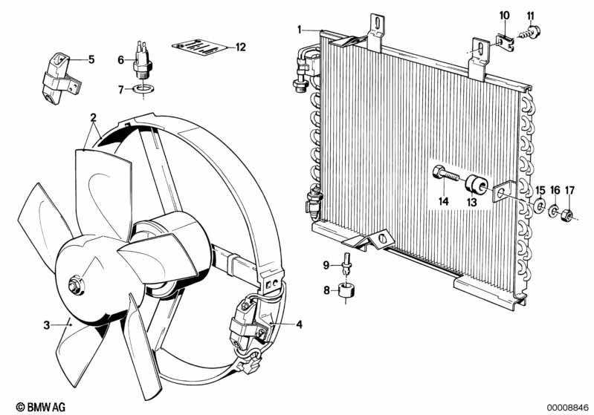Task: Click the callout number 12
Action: [241, 48]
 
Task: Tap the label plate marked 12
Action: [200, 47]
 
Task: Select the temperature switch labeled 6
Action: [143, 61]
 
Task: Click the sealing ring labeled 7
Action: [143, 90]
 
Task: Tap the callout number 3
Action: [47, 325]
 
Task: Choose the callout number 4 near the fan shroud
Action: [299, 324]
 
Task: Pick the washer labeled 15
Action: [540, 206]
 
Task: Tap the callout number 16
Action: [555, 190]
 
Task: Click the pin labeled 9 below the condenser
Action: [346, 264]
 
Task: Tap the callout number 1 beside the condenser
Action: [300, 30]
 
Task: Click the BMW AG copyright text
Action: [41, 407]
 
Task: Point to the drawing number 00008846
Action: [568, 408]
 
